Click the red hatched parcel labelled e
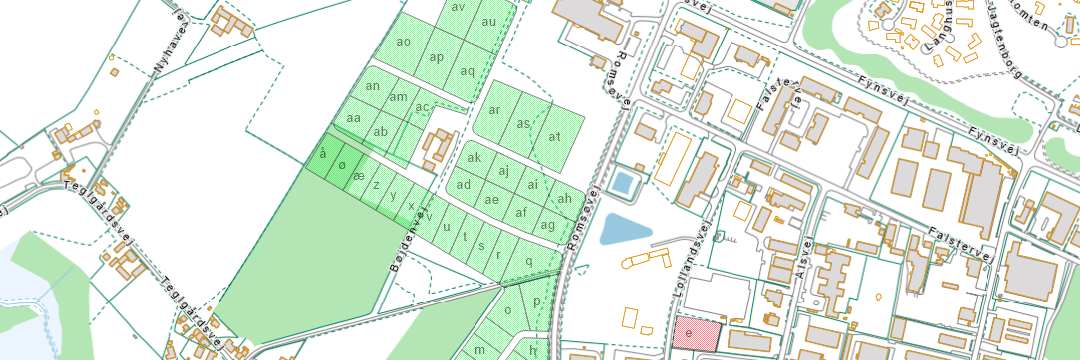(x=696, y=333)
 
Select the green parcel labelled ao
(x=404, y=43)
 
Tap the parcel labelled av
(x=459, y=8)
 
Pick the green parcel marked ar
(x=494, y=110)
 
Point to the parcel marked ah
(x=565, y=198)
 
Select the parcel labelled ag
(x=547, y=225)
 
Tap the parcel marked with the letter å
(x=322, y=154)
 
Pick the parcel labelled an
(x=373, y=86)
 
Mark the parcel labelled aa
(x=353, y=118)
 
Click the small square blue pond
(x=622, y=183)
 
